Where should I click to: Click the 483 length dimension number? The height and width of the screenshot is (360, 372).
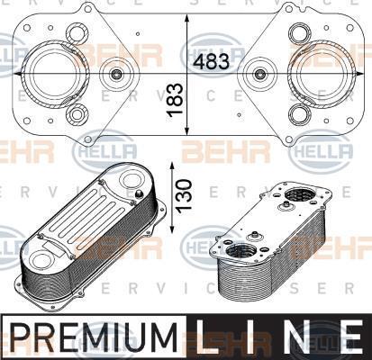point(211,61)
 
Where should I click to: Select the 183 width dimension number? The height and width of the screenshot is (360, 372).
point(175,100)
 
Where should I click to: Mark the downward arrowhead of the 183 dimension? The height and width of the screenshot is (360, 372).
point(186,130)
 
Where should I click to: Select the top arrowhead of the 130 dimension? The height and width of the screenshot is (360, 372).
point(172,166)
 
